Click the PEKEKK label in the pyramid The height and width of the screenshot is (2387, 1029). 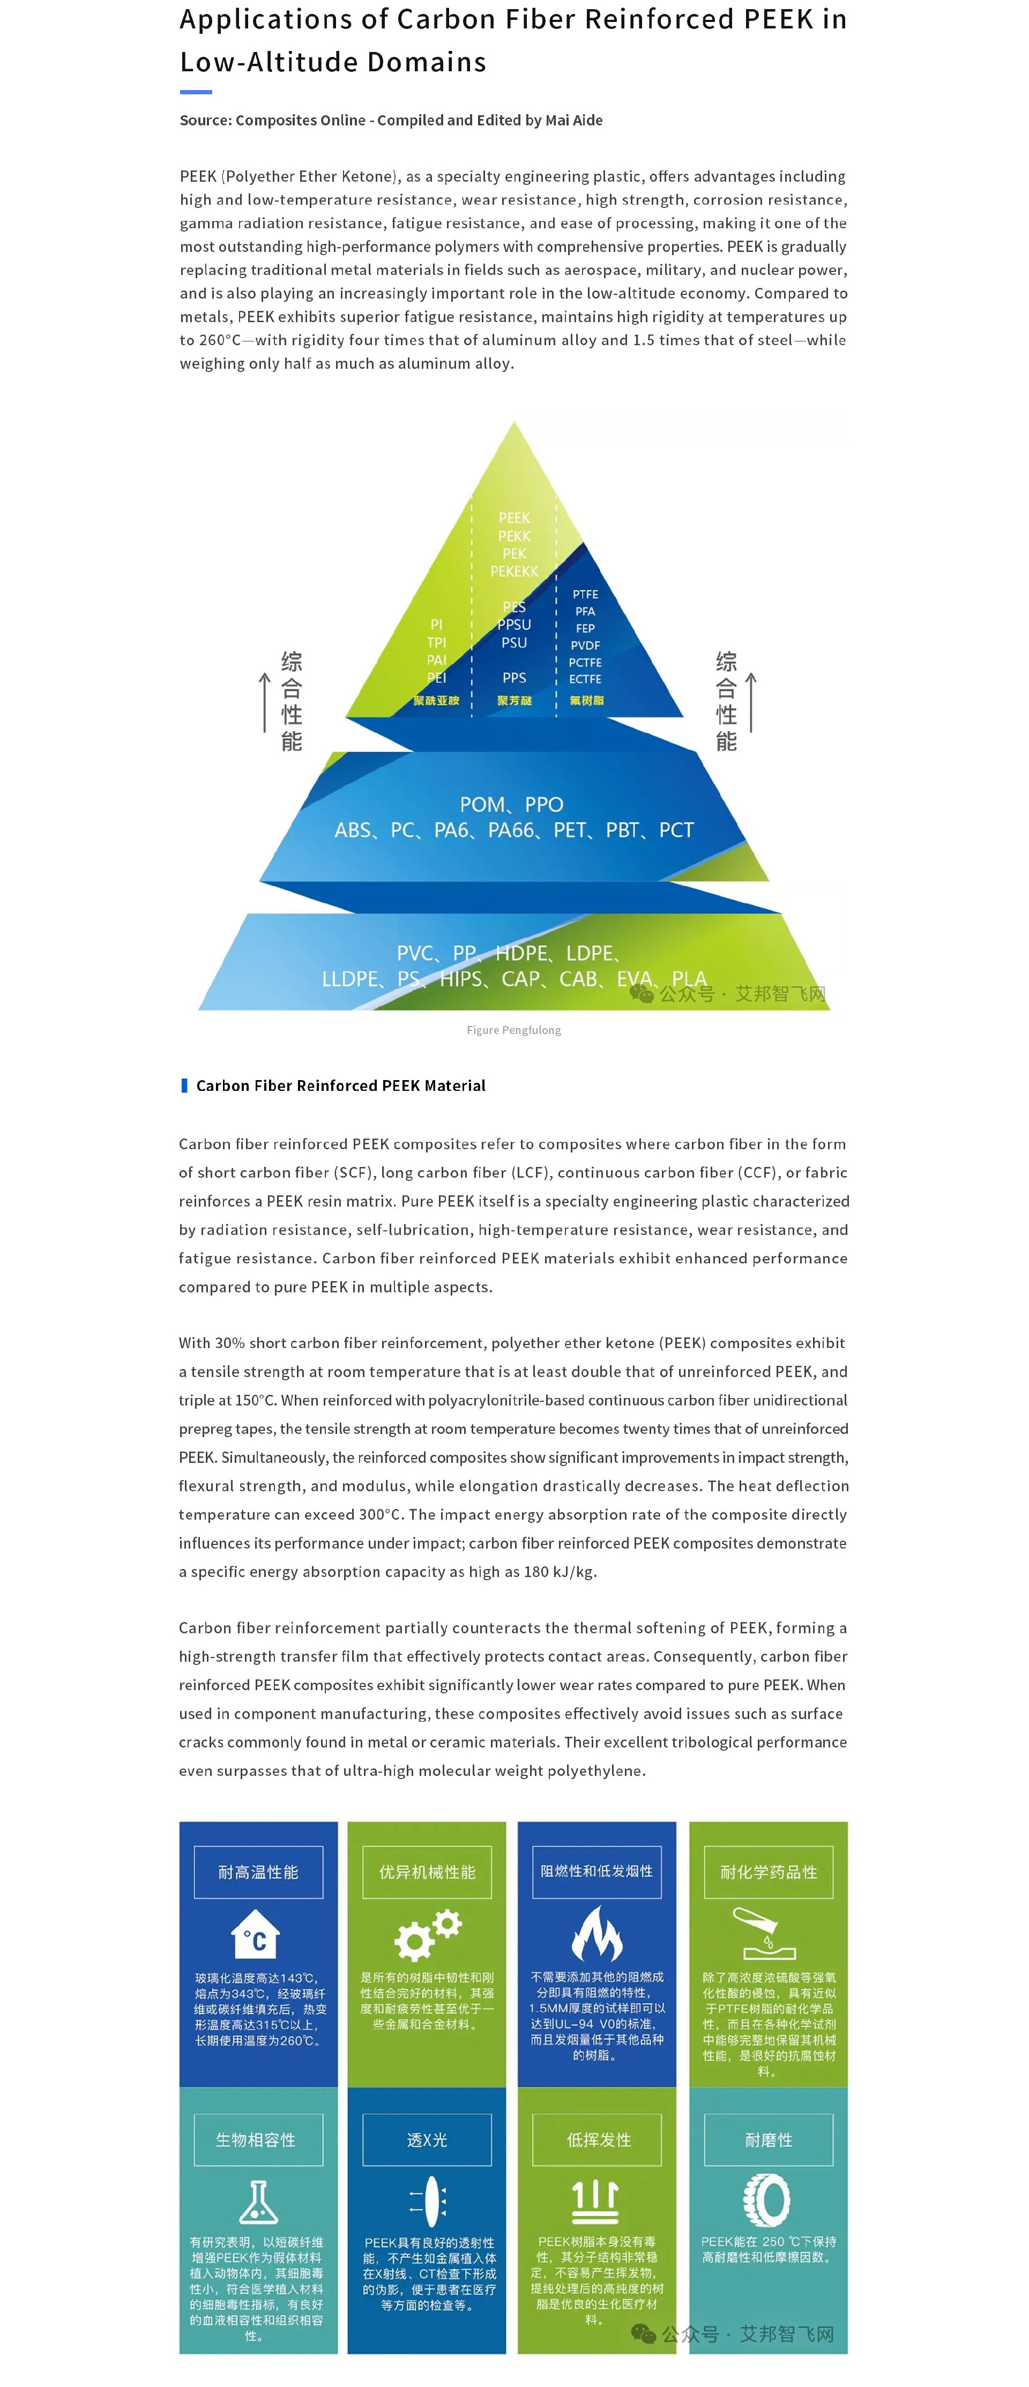[514, 572]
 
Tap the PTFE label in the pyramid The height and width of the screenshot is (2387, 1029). [585, 594]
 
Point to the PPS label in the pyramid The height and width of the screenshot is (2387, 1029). [514, 678]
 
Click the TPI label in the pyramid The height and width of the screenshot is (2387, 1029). [436, 642]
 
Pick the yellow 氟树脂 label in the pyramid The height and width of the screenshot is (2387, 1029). [586, 701]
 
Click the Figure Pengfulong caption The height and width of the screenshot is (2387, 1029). [514, 1030]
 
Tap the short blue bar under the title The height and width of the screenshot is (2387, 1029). [196, 92]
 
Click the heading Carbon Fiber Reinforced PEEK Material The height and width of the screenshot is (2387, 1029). [341, 1085]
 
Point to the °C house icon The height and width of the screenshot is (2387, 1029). [256, 1935]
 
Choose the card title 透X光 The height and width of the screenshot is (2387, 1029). [427, 2139]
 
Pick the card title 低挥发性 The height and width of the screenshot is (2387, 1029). [598, 2139]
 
